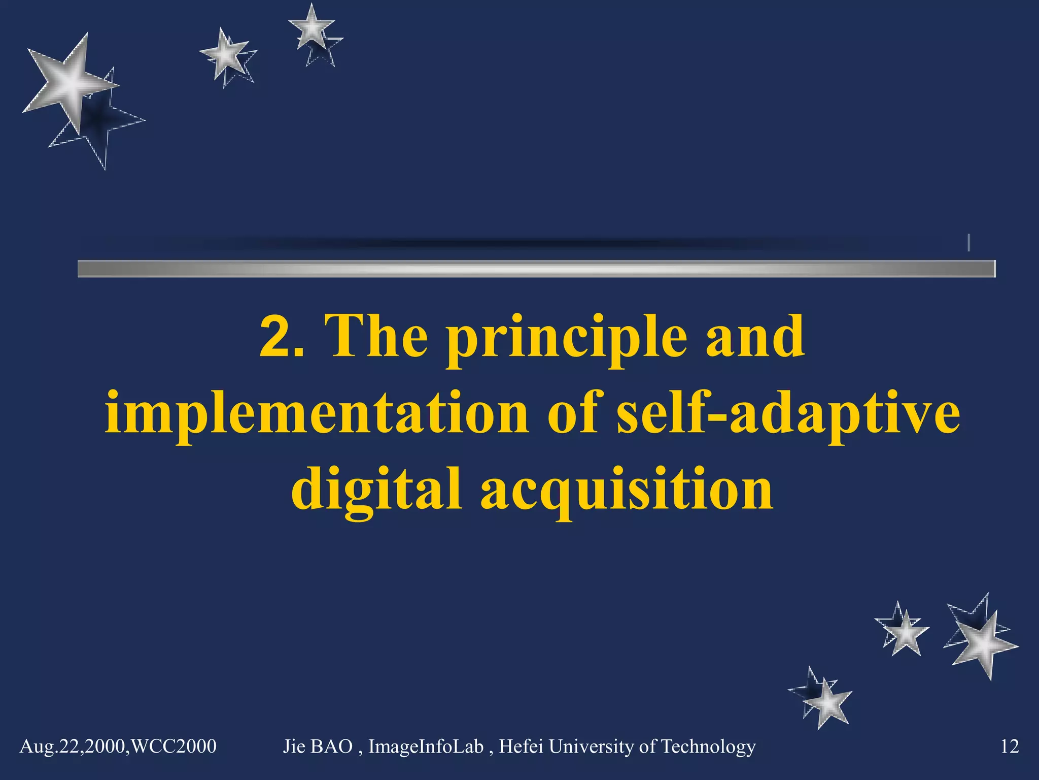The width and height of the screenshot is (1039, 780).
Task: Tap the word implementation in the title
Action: point(317,414)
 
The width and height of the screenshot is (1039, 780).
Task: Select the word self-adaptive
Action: point(788,414)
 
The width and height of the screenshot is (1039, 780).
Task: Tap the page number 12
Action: point(1009,746)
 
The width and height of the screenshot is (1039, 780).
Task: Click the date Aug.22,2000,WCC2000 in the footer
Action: point(118,746)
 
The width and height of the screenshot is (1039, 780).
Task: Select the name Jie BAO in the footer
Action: point(318,746)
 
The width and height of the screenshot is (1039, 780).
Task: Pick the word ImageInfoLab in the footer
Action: point(426,746)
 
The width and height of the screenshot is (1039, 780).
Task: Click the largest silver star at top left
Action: point(71,84)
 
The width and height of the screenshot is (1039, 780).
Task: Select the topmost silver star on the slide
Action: point(311,28)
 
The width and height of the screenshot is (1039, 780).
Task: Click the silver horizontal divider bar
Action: point(536,269)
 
